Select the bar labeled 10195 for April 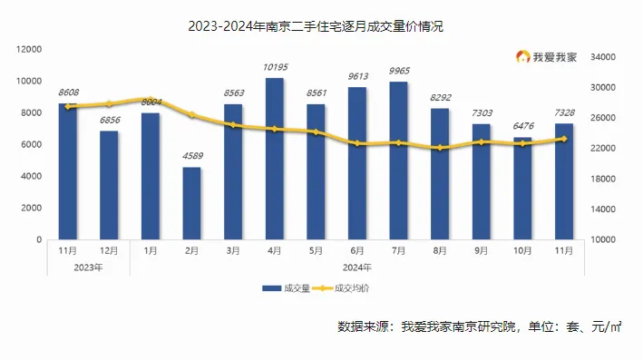[274, 159]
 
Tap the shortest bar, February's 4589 [191, 203]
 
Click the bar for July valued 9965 [398, 161]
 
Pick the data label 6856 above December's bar [109, 121]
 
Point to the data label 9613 [357, 77]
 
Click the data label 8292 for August [440, 98]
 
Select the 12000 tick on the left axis [30, 49]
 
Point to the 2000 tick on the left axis [33, 208]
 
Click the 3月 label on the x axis [233, 250]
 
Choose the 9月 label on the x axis [481, 250]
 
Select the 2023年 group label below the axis [88, 267]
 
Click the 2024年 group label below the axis [356, 267]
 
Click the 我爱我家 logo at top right [555, 57]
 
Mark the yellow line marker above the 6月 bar [357, 143]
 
